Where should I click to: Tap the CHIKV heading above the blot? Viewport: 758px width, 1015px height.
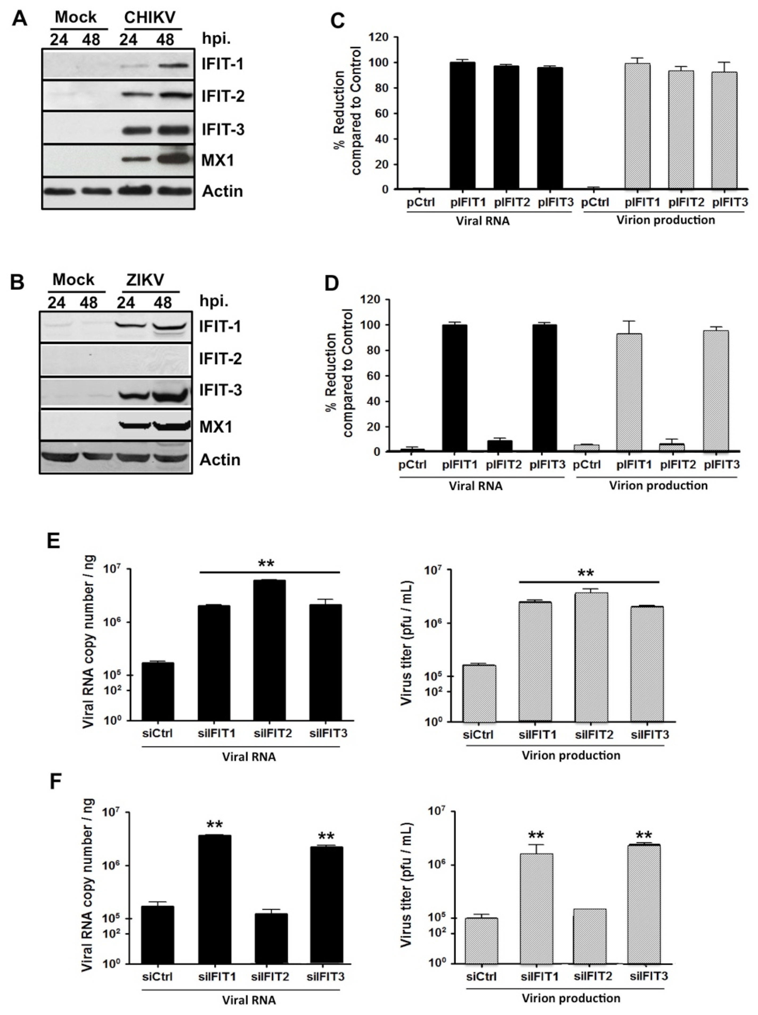150,17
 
